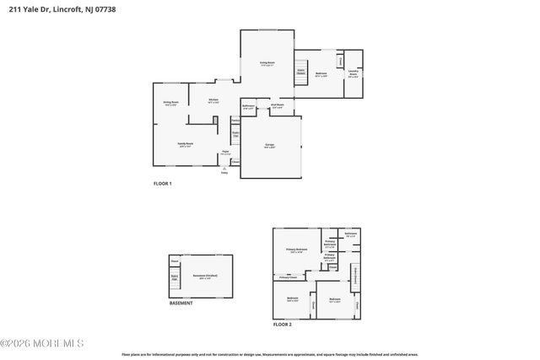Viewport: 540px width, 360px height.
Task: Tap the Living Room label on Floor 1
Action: click(267, 64)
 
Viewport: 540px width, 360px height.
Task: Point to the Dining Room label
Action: click(170, 104)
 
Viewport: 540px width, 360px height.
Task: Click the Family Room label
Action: click(185, 144)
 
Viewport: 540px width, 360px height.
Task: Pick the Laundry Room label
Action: click(354, 73)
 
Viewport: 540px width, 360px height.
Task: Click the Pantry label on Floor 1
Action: click(236, 121)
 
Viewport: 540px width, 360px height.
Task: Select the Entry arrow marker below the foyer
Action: click(224, 169)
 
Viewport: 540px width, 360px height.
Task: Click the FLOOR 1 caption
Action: click(162, 184)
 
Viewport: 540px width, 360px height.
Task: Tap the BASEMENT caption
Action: click(181, 304)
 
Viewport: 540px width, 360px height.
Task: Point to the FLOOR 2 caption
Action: click(282, 324)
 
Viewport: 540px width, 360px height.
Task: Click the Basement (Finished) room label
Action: click(201, 277)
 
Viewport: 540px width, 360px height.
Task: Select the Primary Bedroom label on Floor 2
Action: click(295, 250)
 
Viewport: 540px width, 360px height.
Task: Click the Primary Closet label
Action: click(289, 277)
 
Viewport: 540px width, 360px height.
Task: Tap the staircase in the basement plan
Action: click(175, 277)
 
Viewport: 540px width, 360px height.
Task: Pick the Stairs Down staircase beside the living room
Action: click(300, 73)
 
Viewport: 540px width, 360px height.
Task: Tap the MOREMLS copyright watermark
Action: click(42, 343)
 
